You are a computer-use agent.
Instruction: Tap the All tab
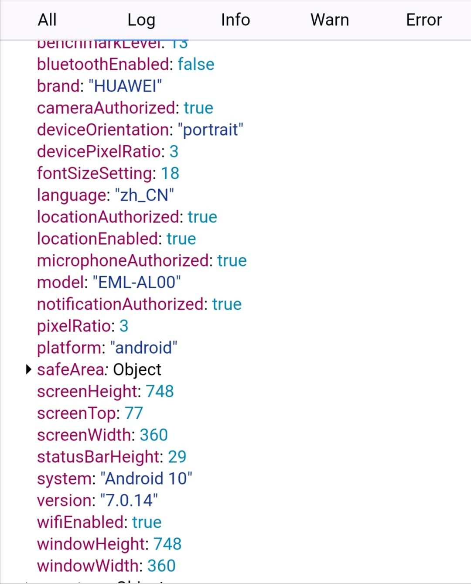(47, 20)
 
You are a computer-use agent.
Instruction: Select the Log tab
(141, 20)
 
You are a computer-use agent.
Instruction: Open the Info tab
(235, 20)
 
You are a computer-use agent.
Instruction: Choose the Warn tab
(330, 20)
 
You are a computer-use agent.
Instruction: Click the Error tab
(424, 20)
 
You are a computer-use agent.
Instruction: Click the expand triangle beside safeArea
(29, 370)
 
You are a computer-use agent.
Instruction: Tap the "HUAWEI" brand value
(126, 86)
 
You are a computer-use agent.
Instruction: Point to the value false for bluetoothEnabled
(196, 65)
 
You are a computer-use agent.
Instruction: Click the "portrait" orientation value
(210, 130)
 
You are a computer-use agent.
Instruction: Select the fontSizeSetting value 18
(170, 173)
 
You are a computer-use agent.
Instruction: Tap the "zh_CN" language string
(144, 195)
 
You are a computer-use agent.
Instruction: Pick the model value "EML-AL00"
(137, 282)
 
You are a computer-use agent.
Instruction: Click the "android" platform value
(144, 348)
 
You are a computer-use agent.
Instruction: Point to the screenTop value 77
(134, 413)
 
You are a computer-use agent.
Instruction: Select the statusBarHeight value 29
(177, 457)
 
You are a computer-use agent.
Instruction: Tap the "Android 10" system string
(146, 478)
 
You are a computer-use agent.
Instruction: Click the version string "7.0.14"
(129, 500)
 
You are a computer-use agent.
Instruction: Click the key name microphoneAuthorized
(123, 260)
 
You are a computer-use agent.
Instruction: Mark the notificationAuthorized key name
(120, 304)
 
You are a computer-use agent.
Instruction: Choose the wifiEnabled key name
(81, 522)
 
